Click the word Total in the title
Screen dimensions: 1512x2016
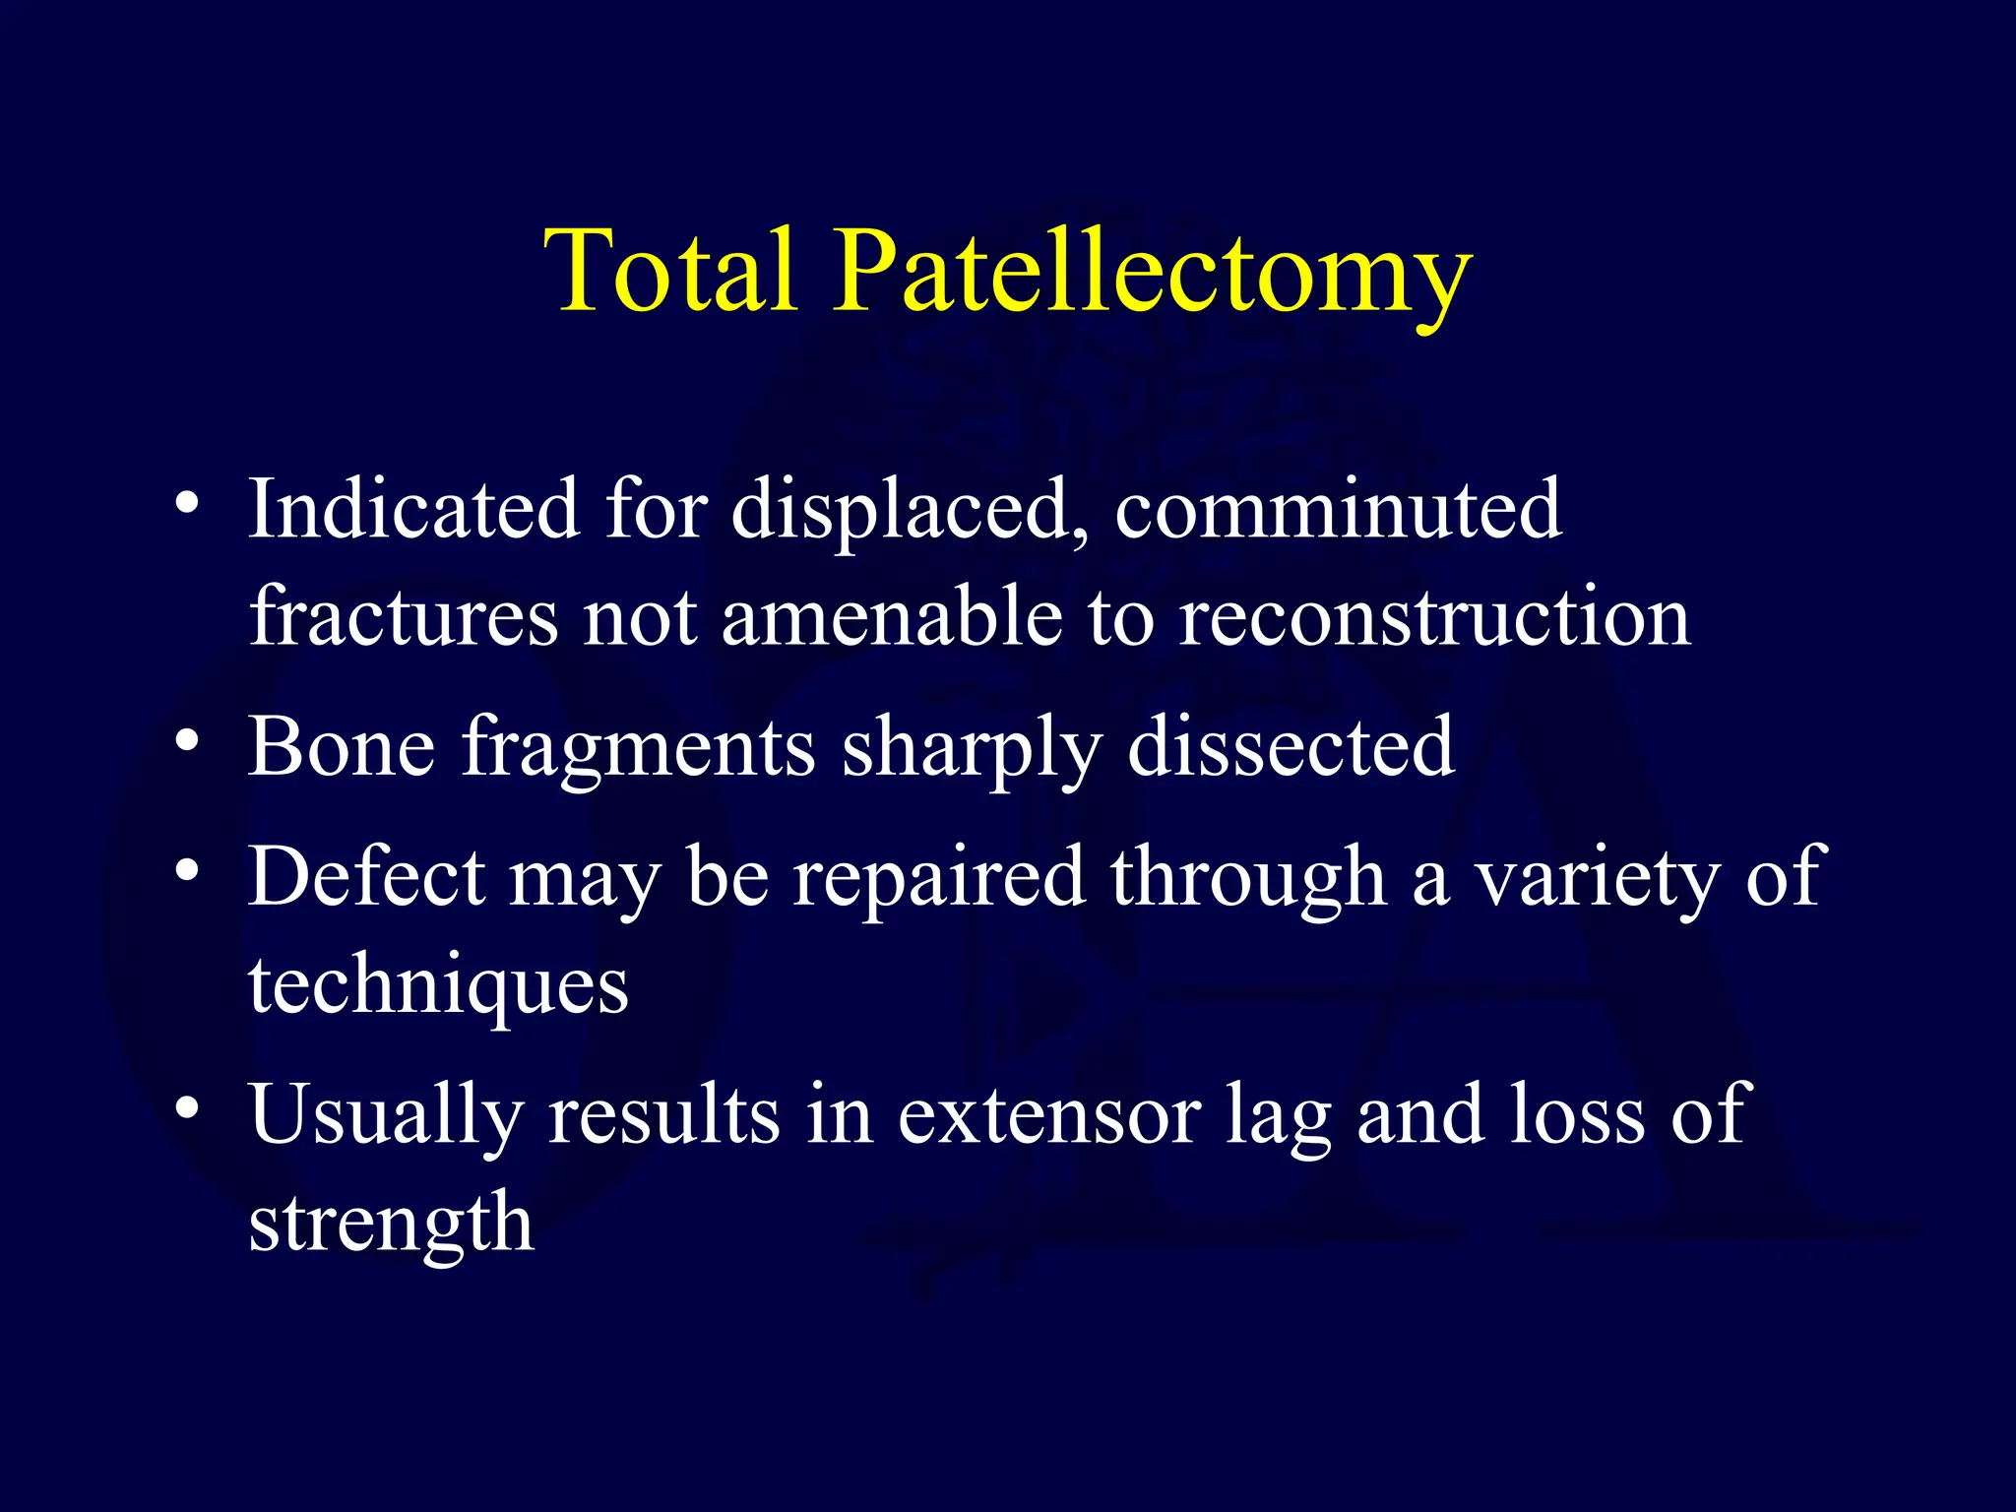point(670,270)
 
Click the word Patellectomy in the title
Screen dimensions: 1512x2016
point(1152,272)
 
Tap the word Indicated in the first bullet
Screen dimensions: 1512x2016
point(413,509)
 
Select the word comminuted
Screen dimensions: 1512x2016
point(1338,509)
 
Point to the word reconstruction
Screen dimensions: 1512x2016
point(1434,617)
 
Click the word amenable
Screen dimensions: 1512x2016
point(892,617)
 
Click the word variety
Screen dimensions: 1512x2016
point(1597,878)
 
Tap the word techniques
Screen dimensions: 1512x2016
point(438,986)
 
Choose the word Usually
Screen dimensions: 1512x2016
point(385,1117)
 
